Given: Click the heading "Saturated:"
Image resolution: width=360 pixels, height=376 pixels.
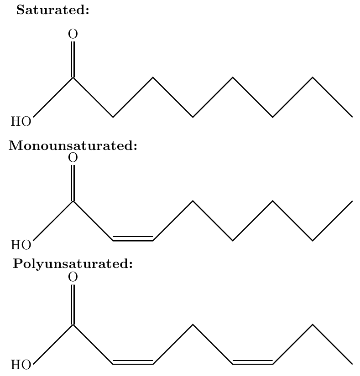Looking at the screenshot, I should pos(52,10).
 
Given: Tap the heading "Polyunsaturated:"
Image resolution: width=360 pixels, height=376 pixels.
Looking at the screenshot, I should pos(73,264).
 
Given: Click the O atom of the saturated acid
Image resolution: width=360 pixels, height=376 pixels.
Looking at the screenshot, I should pos(73,34).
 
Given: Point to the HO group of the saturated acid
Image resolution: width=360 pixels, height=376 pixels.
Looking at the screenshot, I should pos(21,121).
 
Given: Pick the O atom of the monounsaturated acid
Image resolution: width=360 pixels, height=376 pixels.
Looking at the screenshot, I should pos(73,158).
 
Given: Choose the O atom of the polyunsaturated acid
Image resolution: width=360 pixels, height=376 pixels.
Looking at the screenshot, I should pos(73,277).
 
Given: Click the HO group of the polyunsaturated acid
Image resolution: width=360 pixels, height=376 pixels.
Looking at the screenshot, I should pos(21,365).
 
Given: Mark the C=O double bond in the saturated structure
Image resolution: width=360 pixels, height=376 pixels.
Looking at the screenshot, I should pos(73,59).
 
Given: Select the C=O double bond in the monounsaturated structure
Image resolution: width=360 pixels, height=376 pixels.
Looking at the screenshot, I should pos(73,183).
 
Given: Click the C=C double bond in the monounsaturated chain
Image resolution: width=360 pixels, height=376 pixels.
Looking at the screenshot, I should pos(133,239).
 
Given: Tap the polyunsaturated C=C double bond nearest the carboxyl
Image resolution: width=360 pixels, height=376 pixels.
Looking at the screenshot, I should pos(133,363).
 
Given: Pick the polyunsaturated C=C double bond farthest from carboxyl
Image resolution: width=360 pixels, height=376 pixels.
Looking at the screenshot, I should pos(252,363).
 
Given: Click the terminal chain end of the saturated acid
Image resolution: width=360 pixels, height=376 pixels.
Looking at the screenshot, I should pos(352,117).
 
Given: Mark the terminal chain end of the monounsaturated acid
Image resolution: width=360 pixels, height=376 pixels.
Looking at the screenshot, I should pos(352,201).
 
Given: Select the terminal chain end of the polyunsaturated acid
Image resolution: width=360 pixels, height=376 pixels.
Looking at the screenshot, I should pos(352,364).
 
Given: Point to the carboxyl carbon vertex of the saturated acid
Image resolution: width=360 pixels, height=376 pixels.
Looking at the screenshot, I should pos(73,77).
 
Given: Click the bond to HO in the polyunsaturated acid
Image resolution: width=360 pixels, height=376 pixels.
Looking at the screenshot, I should pos(53,345).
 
